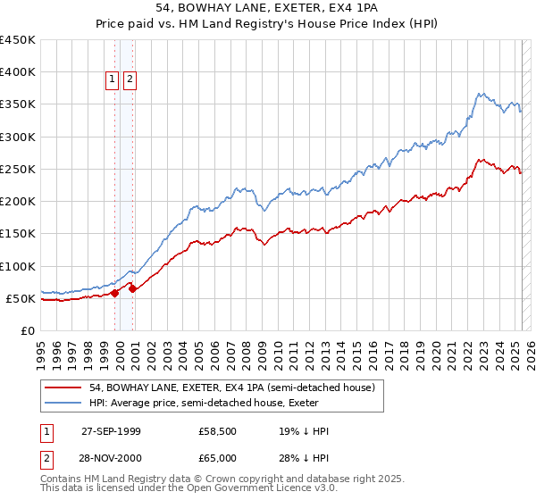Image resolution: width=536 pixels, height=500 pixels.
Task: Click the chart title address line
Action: pyautogui.click(x=267, y=9)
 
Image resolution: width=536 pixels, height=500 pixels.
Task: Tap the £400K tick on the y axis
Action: pyautogui.click(x=18, y=72)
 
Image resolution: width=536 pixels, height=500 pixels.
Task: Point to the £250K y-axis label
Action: pyautogui.click(x=18, y=169)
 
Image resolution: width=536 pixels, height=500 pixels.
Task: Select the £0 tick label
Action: pyautogui.click(x=29, y=330)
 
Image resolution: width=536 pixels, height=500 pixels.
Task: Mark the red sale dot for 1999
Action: pyautogui.click(x=114, y=293)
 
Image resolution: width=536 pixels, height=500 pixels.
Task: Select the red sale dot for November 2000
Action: pyautogui.click(x=132, y=288)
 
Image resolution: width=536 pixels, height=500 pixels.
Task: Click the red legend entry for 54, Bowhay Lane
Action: pyautogui.click(x=237, y=387)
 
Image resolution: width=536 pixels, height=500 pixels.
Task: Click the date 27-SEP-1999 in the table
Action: pyautogui.click(x=111, y=431)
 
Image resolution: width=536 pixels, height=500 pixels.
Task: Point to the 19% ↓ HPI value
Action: pyautogui.click(x=304, y=431)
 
